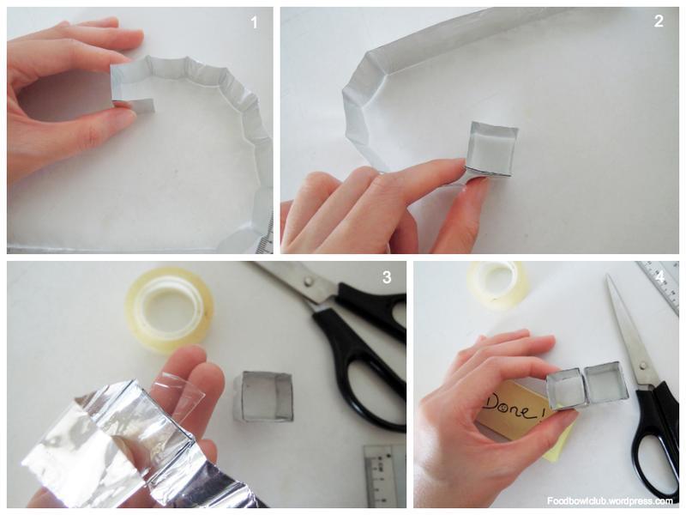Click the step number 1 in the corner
pyautogui.click(x=254, y=22)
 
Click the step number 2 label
pyautogui.click(x=659, y=21)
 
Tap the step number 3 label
pyautogui.click(x=387, y=277)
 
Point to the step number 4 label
pyautogui.click(x=659, y=277)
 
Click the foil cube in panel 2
pyautogui.click(x=491, y=149)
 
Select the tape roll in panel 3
pyautogui.click(x=169, y=309)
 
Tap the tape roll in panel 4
pyautogui.click(x=499, y=281)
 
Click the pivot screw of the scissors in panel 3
pyautogui.click(x=310, y=281)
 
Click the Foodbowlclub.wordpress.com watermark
pyautogui.click(x=610, y=500)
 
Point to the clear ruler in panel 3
pyautogui.click(x=384, y=476)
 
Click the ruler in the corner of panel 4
pyautogui.click(x=660, y=286)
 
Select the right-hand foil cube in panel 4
pyautogui.click(x=604, y=382)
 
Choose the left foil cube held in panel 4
pyautogui.click(x=567, y=388)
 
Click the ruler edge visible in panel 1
pyautogui.click(x=265, y=239)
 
